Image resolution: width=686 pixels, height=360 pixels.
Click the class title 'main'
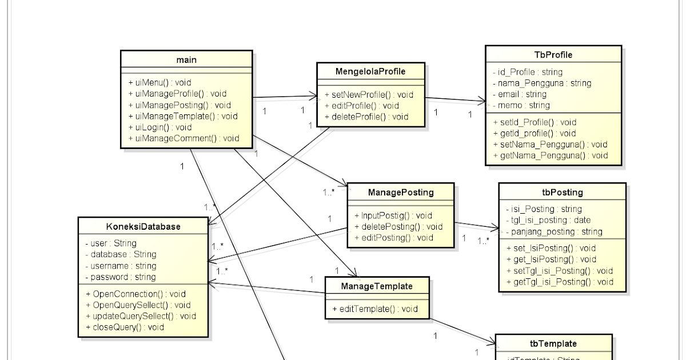point(187,59)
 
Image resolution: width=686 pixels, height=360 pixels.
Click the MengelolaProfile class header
point(371,71)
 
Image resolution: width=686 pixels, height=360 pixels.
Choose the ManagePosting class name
point(401,193)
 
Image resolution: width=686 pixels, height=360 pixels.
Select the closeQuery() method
point(125,327)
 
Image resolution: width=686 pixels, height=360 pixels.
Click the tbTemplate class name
point(553,343)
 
